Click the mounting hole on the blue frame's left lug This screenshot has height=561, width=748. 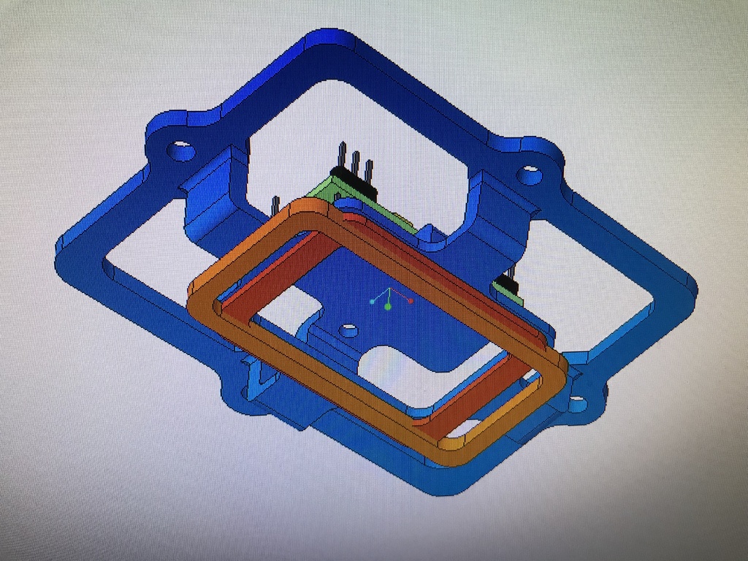(x=181, y=152)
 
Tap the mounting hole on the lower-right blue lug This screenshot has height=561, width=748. (x=576, y=402)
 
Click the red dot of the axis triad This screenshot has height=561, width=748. (x=411, y=300)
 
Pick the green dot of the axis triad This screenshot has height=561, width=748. (x=388, y=307)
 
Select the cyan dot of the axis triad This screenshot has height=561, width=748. (x=372, y=300)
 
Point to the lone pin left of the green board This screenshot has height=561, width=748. (x=276, y=205)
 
